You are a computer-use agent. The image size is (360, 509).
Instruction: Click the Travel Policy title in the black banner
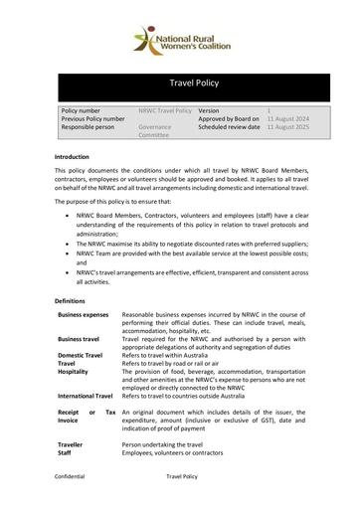pos(180,86)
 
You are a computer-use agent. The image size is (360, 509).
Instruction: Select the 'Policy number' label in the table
pos(82,110)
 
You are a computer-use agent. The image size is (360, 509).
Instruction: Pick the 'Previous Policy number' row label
pos(92,119)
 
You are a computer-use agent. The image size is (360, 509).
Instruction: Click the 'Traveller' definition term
pos(71,445)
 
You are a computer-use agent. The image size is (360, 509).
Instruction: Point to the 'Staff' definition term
pos(66,453)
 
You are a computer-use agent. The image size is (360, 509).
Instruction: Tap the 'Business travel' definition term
pos(79,339)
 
